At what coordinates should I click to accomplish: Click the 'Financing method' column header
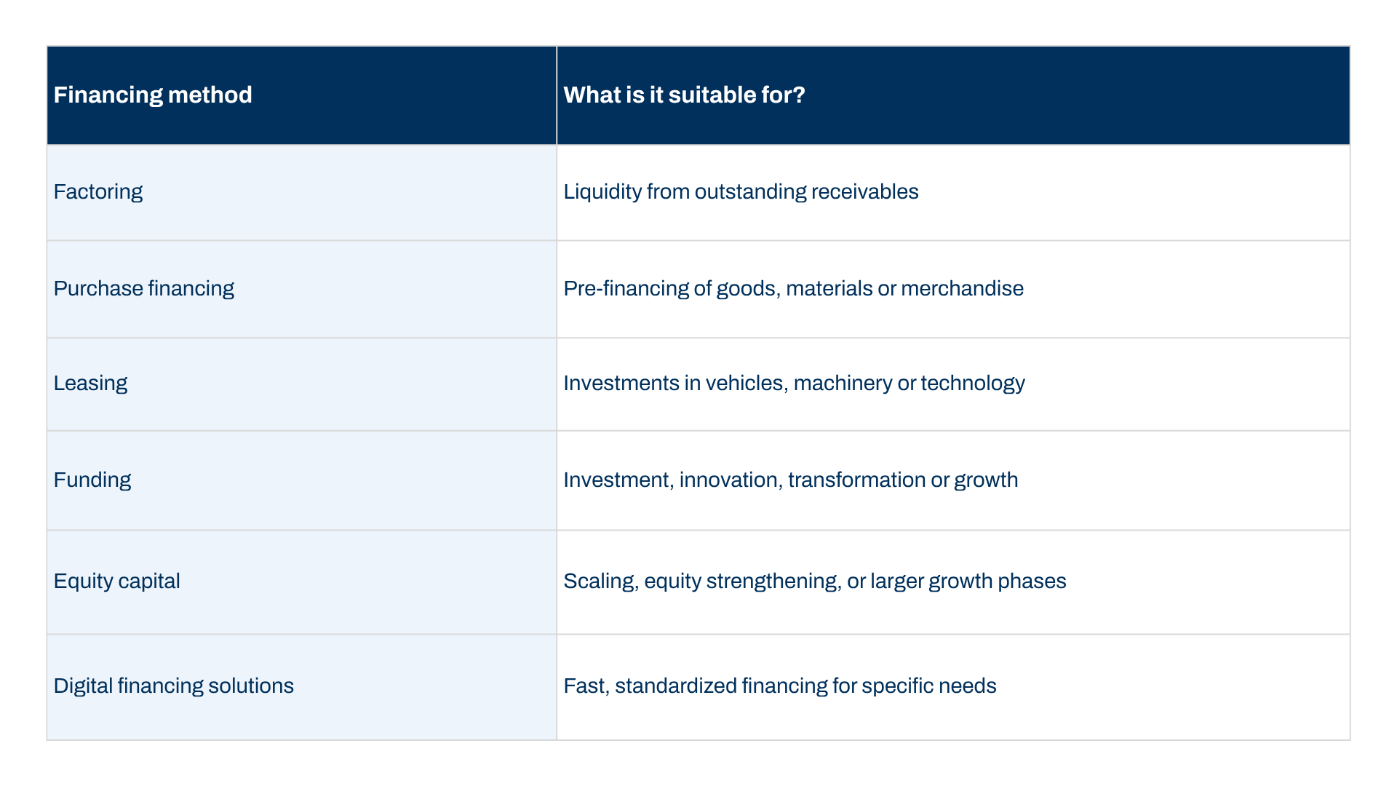(153, 95)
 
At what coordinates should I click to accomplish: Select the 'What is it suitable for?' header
(684, 95)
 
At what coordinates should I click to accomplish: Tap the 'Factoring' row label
(98, 192)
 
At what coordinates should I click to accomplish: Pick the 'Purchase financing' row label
(144, 289)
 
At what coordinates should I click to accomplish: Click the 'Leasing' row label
(90, 384)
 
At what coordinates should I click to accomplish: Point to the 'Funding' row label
(92, 480)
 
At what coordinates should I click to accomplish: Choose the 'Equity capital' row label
(117, 581)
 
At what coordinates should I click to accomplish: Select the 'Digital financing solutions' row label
(174, 686)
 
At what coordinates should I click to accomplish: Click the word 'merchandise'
(962, 289)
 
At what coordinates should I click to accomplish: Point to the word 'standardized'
(675, 686)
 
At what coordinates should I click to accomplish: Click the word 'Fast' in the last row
(586, 686)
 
